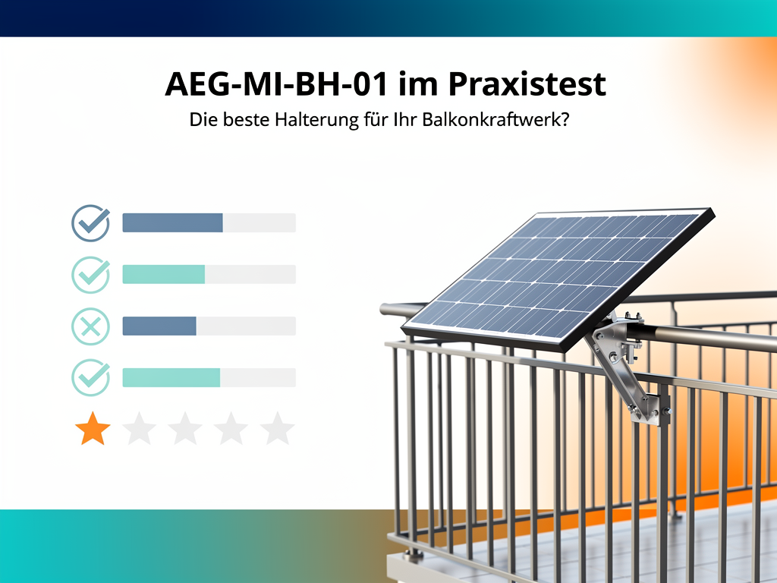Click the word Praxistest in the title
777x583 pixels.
527,84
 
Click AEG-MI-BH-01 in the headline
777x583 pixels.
276,84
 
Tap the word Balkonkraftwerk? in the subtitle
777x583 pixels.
495,119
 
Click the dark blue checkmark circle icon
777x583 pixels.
91,223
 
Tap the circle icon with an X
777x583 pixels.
91,326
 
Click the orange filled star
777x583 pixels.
93,428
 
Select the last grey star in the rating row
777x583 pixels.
277,428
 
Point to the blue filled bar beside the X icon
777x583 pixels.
159,326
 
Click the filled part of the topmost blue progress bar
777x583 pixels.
172,222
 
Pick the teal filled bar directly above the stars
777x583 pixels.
171,378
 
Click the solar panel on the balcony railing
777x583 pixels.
558,279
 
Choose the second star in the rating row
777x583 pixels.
139,428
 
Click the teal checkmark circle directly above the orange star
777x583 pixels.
91,378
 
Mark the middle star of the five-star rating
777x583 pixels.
185,428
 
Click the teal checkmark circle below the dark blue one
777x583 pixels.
91,275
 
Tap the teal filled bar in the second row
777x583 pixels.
164,274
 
